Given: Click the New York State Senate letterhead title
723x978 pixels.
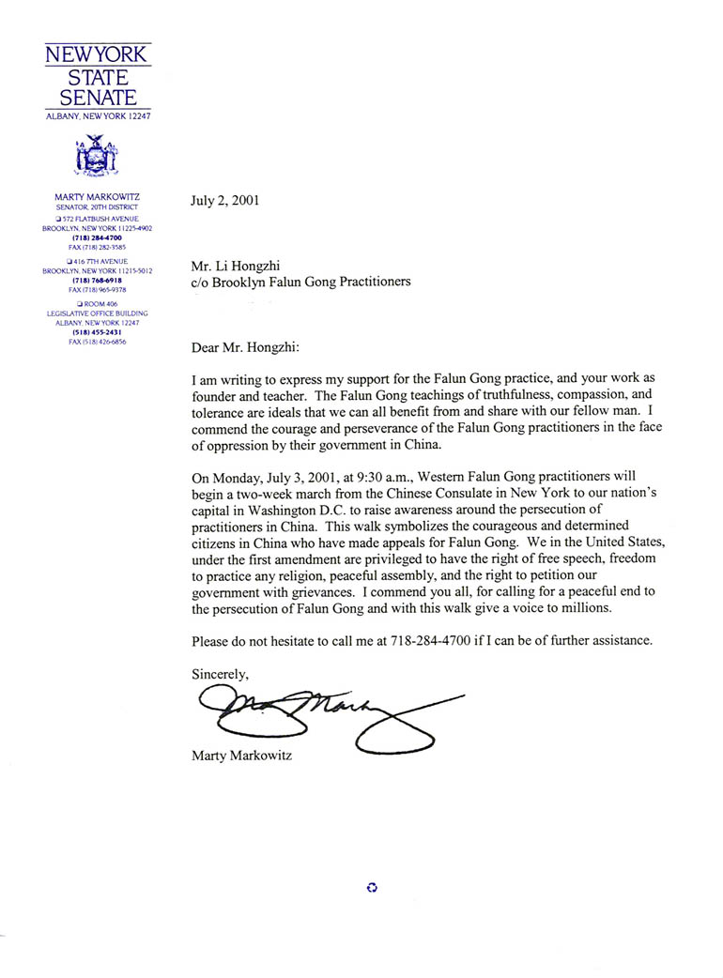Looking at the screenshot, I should point(98,76).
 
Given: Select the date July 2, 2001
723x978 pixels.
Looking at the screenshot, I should point(225,200).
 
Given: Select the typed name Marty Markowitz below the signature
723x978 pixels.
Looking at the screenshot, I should point(241,754).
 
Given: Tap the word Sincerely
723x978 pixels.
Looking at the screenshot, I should point(221,673).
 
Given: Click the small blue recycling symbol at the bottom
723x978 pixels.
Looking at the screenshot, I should point(372,887).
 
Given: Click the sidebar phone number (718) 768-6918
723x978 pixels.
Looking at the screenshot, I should point(98,281).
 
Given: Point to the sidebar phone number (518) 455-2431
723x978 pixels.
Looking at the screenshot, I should point(98,332).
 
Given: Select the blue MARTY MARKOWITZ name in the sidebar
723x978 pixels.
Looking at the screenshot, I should point(98,197).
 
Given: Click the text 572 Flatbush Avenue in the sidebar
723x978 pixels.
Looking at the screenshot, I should point(100,219).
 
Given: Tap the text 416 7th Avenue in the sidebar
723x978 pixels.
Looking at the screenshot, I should point(100,261).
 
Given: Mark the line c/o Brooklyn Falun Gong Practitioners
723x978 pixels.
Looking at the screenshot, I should point(300,281).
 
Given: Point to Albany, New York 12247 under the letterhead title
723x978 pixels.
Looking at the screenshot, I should point(98,116).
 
